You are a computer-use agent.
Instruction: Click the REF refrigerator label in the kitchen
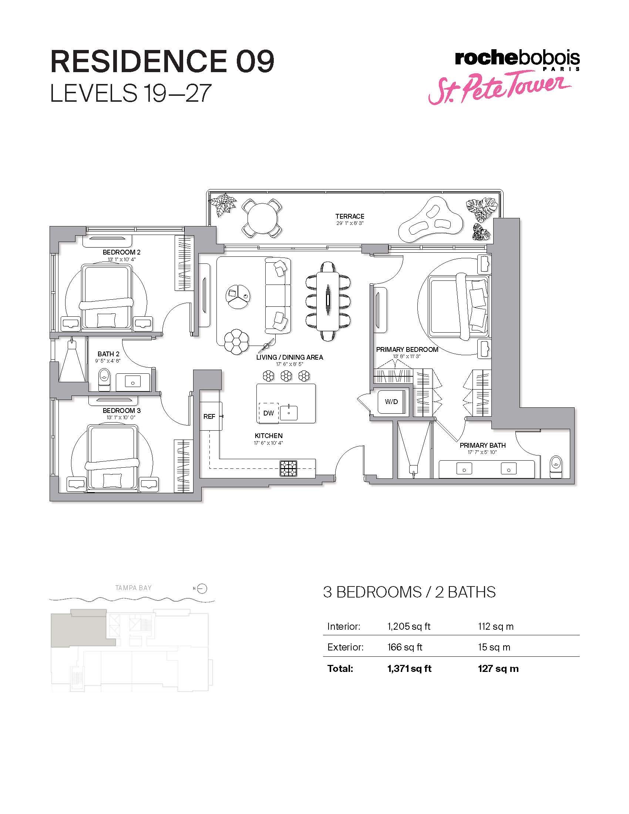(x=209, y=416)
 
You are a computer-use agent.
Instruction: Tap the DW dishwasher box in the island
(x=269, y=413)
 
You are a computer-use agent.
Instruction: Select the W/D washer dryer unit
(x=391, y=402)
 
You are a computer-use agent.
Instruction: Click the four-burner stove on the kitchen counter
(x=289, y=468)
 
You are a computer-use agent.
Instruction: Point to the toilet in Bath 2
(x=104, y=379)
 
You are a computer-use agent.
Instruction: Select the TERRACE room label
(x=350, y=216)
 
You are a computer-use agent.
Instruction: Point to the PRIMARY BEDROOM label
(x=407, y=350)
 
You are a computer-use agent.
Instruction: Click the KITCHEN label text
(x=269, y=436)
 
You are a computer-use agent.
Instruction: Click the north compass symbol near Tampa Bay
(x=202, y=589)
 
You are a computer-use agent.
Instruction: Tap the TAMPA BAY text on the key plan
(x=134, y=588)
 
